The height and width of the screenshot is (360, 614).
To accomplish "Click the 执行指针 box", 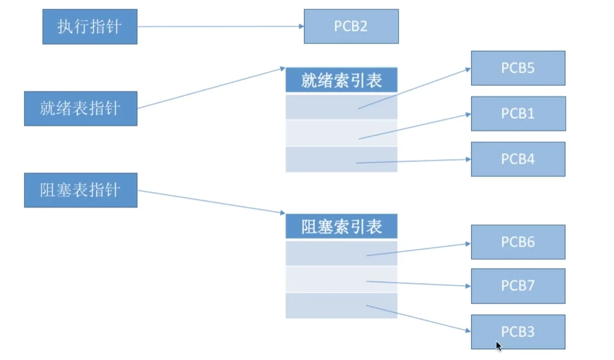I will [90, 27].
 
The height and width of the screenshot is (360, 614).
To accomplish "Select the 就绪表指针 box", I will [81, 109].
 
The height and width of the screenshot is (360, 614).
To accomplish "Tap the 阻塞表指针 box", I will [81, 190].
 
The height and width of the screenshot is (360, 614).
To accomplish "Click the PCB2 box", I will [351, 27].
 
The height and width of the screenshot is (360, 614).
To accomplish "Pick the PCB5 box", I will [518, 68].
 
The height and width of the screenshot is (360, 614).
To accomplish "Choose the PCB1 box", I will [518, 114].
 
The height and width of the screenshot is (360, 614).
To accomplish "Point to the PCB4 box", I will [518, 159].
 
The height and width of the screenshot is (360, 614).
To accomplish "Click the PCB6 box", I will [518, 242].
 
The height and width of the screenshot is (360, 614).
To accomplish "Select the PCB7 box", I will [518, 286].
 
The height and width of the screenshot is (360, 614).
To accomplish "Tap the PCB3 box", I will [518, 332].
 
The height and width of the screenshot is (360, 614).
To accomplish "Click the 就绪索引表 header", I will [341, 80].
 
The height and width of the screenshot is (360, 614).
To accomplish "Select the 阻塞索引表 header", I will [341, 227].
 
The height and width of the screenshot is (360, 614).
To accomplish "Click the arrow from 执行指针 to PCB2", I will [221, 27].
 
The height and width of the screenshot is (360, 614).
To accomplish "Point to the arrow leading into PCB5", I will [414, 88].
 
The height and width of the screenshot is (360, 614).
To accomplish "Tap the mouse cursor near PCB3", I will [498, 346].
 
